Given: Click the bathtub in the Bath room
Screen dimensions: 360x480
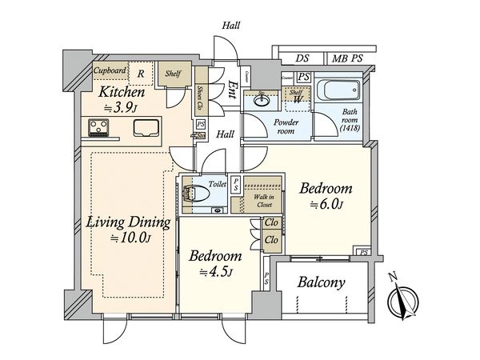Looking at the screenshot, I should pos(336,90).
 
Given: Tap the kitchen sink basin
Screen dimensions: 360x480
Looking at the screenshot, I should pos(147,127).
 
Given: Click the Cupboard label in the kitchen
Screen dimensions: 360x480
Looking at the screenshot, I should pos(110,71).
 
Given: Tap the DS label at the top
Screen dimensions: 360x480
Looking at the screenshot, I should pos(302,58).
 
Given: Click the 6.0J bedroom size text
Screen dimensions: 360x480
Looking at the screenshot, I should pos(326,205).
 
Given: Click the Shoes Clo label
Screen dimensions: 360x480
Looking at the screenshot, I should pos(202,98).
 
